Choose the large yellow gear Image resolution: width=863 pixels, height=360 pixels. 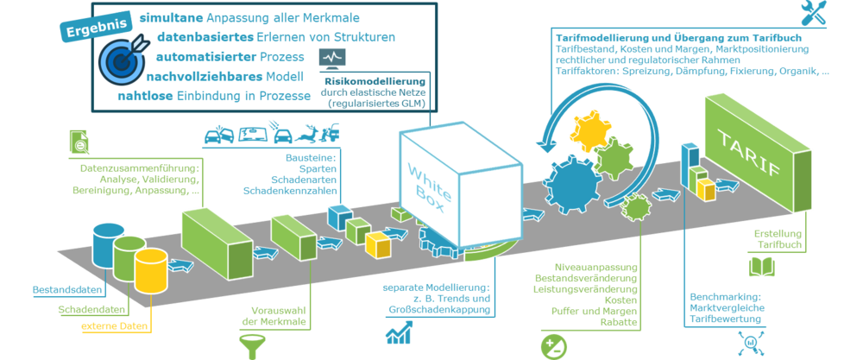(x=589, y=132)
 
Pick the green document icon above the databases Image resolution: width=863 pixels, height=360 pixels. (x=79, y=141)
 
